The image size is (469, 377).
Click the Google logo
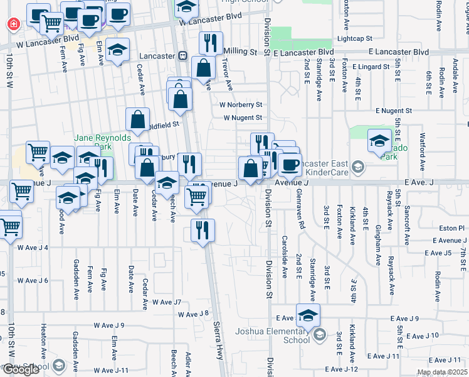pos(21,369)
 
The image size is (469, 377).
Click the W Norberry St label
pos(240,105)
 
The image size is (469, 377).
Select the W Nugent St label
pos(243,117)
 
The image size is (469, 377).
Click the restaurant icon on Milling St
pos(211,43)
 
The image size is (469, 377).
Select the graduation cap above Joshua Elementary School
pos(308,315)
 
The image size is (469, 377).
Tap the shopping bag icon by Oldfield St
pos(137,119)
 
